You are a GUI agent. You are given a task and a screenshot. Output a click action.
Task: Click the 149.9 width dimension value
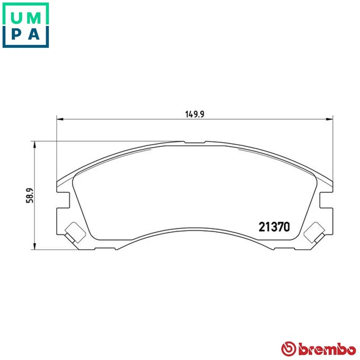coord(194,113)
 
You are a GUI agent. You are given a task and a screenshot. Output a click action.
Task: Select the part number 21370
coord(274,227)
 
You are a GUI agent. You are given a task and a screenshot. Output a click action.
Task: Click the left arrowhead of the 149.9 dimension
coord(61,119)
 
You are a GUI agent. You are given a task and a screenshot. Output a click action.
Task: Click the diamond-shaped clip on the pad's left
coord(73,231)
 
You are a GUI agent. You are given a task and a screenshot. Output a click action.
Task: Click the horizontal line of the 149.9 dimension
coord(141,119)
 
